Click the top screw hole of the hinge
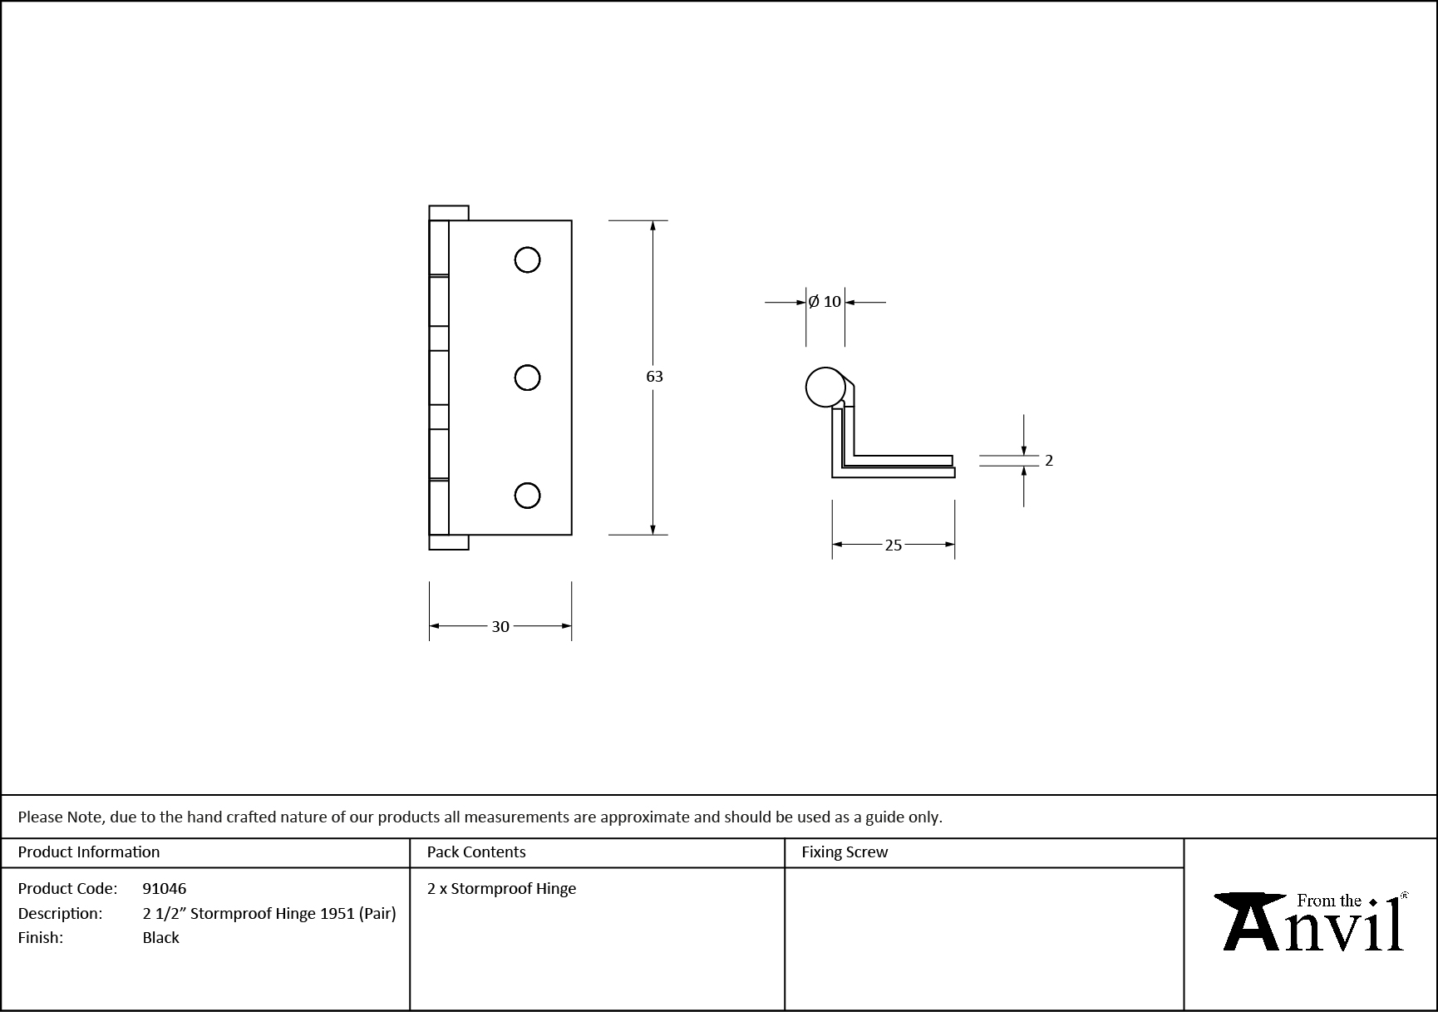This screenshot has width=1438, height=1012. [x=527, y=260]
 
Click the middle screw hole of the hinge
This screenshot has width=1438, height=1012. [x=527, y=378]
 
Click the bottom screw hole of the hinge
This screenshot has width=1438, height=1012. [x=527, y=496]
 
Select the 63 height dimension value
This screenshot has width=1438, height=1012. [x=654, y=377]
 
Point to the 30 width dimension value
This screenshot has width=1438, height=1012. [x=500, y=626]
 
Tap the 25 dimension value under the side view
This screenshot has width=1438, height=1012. [x=893, y=545]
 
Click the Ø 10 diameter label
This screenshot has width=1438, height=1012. [x=825, y=302]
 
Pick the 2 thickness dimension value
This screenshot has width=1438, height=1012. [x=1049, y=461]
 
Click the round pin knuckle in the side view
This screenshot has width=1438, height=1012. [x=825, y=387]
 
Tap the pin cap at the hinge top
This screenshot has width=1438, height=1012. [x=449, y=213]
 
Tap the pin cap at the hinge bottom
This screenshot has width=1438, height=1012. [x=449, y=542]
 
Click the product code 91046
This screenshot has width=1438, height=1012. [x=165, y=888]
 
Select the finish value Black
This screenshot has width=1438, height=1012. [x=161, y=937]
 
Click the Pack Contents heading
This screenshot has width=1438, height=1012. [x=476, y=852]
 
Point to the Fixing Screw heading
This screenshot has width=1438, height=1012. [x=845, y=852]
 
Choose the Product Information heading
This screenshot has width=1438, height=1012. [x=89, y=852]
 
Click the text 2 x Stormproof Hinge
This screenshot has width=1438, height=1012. [x=501, y=888]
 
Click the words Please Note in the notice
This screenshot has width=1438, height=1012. [x=61, y=817]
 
